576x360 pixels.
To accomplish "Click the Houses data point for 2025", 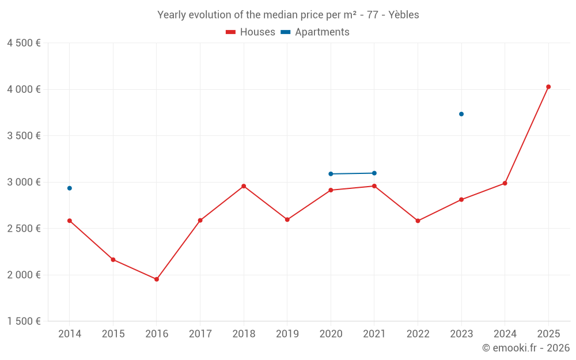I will (x=548, y=87).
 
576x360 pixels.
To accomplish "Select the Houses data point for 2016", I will (x=157, y=279).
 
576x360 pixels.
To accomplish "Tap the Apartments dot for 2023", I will (x=461, y=114).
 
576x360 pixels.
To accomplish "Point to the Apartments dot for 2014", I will (x=70, y=188).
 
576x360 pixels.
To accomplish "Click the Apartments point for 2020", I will (x=331, y=174).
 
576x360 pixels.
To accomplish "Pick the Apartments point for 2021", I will (x=374, y=173).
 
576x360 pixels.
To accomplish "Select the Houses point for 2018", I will (x=244, y=186).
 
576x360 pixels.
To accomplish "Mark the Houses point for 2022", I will (x=418, y=221).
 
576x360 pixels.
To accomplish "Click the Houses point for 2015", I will (x=113, y=260).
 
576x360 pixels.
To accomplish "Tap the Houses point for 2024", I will (x=505, y=183).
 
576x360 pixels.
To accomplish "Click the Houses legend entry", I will (x=251, y=32).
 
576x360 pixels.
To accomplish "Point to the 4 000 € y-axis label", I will (x=24, y=89).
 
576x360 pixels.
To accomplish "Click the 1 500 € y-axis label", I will (x=24, y=321).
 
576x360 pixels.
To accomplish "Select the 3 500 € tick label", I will (x=24, y=136).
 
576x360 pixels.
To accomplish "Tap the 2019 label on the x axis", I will (x=287, y=334).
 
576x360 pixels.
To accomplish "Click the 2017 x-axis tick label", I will (x=200, y=334).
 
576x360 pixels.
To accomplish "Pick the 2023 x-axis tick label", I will (x=461, y=334).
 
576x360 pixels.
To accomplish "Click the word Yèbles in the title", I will (x=404, y=15).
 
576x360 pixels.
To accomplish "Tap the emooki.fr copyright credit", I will (x=525, y=348).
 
